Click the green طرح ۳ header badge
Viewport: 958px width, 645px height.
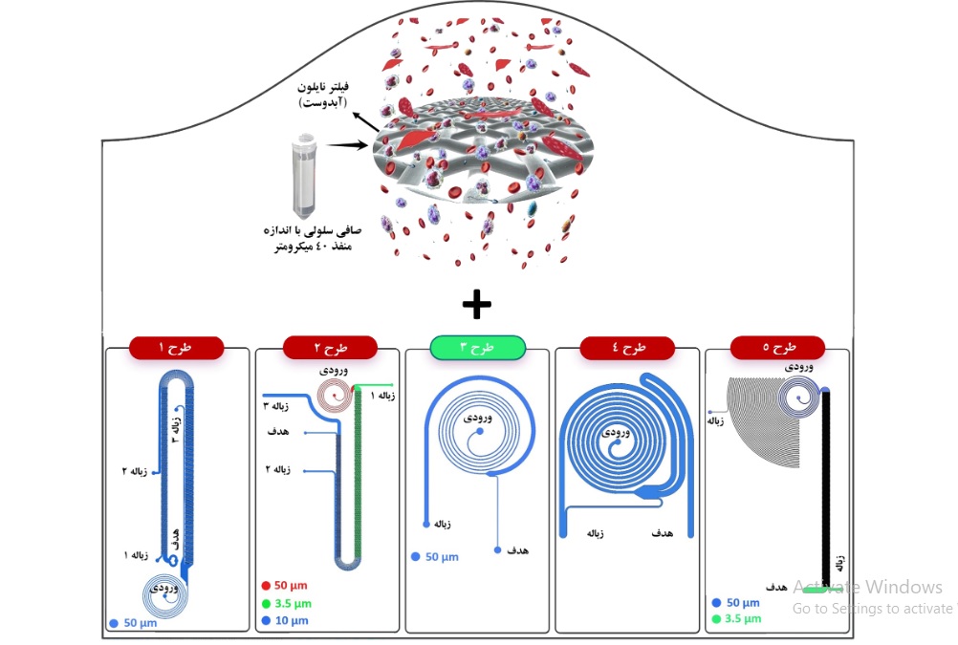478,348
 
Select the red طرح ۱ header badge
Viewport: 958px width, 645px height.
176,348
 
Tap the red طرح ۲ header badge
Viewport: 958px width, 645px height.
330,348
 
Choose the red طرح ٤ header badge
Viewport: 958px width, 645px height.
627,348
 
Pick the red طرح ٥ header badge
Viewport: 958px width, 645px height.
777,348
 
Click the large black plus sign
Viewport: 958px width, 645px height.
477,304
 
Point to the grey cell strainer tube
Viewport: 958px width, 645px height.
304,176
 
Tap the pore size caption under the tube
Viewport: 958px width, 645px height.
313,238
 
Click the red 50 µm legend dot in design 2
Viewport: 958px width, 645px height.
266,586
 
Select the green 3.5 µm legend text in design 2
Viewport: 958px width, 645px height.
293,604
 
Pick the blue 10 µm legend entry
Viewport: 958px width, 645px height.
285,620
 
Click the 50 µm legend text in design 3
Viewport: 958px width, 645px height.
442,557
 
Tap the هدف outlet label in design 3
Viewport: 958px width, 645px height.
517,550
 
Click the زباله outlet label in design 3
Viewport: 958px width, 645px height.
443,524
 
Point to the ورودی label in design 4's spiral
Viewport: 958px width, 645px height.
616,432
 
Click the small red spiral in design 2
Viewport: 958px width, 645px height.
336,396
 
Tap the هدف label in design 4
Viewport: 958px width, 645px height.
662,533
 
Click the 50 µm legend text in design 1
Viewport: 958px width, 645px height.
141,623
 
